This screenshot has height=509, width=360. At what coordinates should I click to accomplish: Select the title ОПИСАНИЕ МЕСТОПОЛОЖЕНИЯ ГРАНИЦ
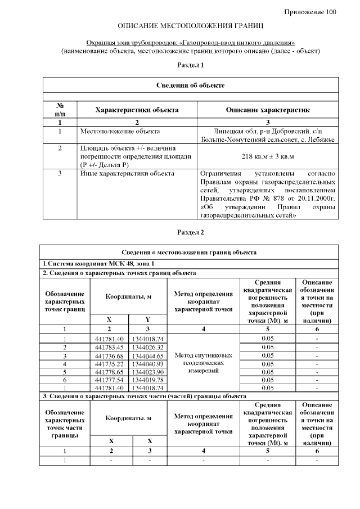pyautogui.click(x=191, y=26)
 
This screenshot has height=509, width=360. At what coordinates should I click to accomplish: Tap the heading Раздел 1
pyautogui.click(x=190, y=66)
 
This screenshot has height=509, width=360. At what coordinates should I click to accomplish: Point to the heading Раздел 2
pyautogui.click(x=190, y=232)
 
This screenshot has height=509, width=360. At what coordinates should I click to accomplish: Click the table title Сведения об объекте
pyautogui.click(x=190, y=85)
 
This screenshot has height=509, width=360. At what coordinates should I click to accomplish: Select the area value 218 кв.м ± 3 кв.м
pyautogui.click(x=267, y=156)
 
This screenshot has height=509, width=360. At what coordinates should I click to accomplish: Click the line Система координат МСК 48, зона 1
pyautogui.click(x=99, y=264)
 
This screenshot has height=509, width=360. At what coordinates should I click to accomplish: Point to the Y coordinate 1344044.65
pyautogui.click(x=148, y=356)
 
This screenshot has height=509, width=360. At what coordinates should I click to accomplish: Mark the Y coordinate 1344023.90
pyautogui.click(x=148, y=372)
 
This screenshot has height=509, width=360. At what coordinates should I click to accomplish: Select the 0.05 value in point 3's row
pyautogui.click(x=268, y=355)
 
